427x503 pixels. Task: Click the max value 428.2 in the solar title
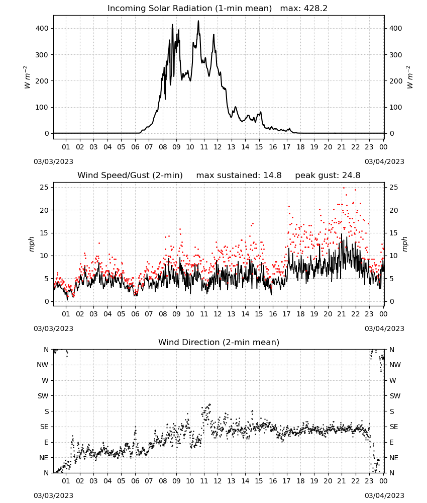coord(315,8)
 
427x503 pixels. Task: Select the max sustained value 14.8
coord(272,175)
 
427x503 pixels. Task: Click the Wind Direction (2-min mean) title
coord(219,342)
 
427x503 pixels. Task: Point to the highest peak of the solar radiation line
coord(198,21)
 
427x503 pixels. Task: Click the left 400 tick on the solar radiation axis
coord(42,28)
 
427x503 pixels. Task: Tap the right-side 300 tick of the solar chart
coord(396,55)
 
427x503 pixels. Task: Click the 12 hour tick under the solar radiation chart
coord(218,147)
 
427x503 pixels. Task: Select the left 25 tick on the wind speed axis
coord(44,187)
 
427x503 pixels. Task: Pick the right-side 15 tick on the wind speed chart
coord(394,233)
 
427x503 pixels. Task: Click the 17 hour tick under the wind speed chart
coord(286,314)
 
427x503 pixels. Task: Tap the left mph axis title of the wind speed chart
coord(31,244)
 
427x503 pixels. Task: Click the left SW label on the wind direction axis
coord(43,396)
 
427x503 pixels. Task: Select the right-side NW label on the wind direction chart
coord(395,365)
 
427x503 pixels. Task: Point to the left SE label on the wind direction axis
coord(44,427)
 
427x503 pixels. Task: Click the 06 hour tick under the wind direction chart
coord(135,481)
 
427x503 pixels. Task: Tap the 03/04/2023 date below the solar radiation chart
coord(384,161)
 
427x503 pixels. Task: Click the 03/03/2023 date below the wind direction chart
coord(53,495)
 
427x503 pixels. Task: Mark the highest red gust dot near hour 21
coord(344,188)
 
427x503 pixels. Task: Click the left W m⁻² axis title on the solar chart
coord(27,77)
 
